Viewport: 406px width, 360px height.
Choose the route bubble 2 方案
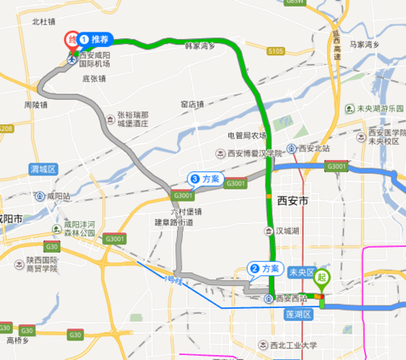[266, 269]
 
